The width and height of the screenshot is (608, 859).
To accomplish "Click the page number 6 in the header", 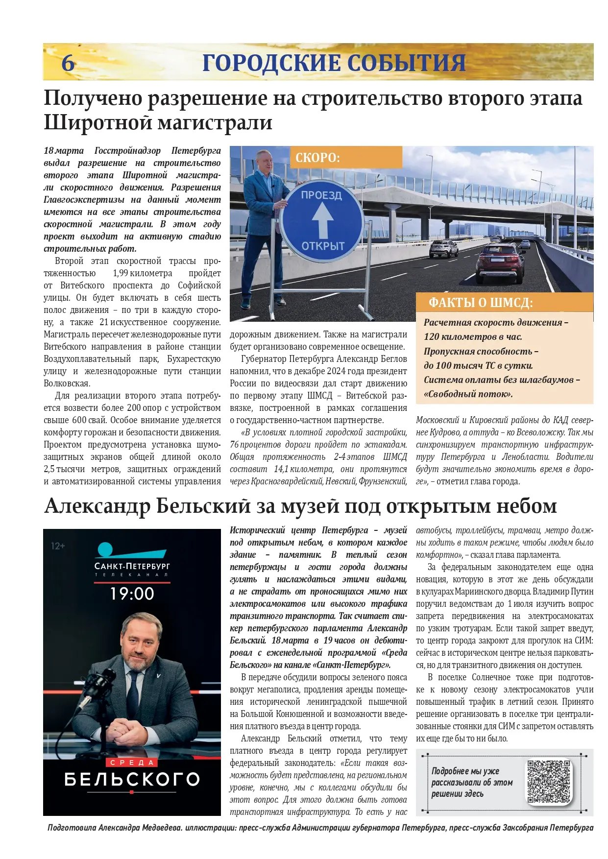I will coord(68,63).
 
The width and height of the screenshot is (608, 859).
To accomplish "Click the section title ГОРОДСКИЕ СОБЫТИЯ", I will coord(334,63).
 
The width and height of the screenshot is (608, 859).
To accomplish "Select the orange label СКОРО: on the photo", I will coord(317,158).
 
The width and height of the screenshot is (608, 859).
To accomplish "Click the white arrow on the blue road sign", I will coord(322,220).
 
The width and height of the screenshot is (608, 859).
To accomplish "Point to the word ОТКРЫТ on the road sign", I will coord(323,245).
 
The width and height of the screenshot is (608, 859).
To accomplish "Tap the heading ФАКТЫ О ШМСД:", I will coord(481,303).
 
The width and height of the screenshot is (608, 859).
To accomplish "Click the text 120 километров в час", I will coord(473,337).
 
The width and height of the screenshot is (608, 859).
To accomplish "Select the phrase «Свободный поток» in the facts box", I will coord(468,394).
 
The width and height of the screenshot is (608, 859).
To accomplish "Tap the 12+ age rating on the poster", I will coord(58,546).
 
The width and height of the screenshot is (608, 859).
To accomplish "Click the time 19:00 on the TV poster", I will coord(132,594).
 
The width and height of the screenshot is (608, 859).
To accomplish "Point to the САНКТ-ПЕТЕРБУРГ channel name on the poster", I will coord(132,567).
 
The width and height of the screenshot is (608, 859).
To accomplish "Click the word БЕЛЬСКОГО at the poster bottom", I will coord(132,779).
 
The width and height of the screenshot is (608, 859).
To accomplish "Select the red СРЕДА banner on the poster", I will coord(132,763).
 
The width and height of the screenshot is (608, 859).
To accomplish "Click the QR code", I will coord(549,782).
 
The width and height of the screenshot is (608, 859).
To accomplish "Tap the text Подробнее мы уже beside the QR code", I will coord(465,771).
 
